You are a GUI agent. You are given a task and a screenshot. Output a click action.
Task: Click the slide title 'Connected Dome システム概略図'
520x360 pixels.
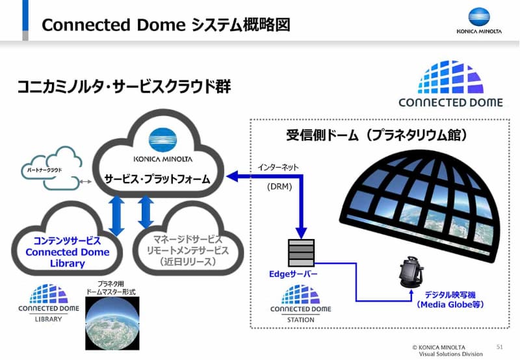(x=166, y=25)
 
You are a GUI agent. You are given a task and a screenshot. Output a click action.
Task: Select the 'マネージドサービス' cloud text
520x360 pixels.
(x=188, y=239)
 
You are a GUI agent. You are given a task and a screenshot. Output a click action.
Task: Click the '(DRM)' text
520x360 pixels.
(x=278, y=187)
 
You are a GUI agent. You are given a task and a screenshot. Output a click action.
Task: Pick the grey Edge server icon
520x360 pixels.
(x=300, y=253)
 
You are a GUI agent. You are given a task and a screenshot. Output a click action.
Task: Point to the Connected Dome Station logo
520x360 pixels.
(x=300, y=303)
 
